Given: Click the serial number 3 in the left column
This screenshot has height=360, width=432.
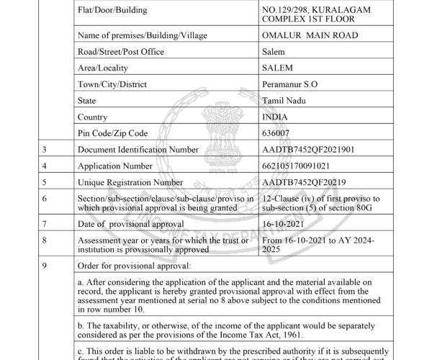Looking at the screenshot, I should click(45, 149).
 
